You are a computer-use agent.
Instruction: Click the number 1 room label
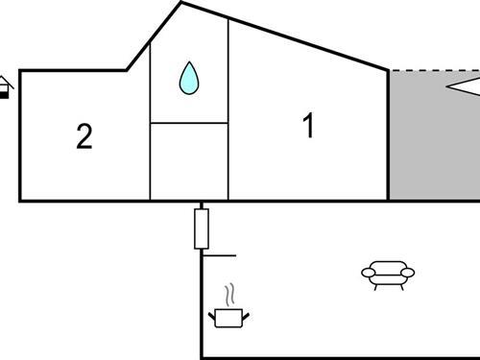coord(308,126)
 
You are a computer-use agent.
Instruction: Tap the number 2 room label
coord(84,137)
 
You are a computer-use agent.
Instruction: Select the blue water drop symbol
coord(189,78)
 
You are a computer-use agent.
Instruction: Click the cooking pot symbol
coord(228,316)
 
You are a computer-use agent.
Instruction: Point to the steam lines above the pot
coord(228,293)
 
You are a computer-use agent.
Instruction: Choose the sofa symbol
coord(389,276)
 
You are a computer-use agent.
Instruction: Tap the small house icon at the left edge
coord(6,87)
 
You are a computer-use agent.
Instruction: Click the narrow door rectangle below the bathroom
coord(202,228)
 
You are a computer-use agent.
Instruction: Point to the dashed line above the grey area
coord(432,70)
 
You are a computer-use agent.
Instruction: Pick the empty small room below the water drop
coord(189,160)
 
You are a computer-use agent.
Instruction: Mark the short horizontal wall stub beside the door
coord(222,256)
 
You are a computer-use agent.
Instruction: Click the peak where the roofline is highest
coord(180,3)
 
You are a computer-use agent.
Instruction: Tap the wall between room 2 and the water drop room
coord(151,134)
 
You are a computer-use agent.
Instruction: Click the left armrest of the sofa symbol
coord(368,275)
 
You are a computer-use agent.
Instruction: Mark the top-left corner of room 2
coord(20,70)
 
